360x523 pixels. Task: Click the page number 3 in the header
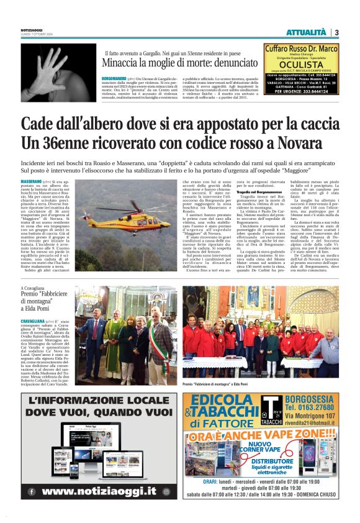point(336,32)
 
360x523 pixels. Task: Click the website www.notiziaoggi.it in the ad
point(103,491)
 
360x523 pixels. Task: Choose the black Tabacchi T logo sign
point(271,408)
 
